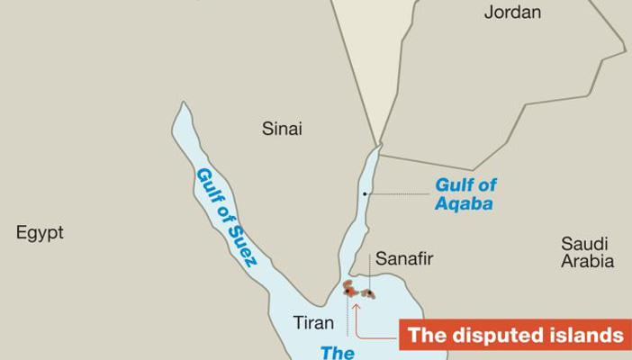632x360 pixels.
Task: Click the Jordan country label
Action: point(512,13)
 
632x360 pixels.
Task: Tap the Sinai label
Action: point(282,129)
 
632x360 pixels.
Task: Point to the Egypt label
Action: point(40,233)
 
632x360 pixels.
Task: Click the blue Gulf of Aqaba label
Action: point(465,193)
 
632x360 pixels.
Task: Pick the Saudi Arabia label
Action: point(587,252)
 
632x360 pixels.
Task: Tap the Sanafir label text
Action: point(404,259)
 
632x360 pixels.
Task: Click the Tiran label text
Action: point(313,322)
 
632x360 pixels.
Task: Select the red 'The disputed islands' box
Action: point(514,336)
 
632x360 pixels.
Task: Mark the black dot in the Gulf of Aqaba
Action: point(365,193)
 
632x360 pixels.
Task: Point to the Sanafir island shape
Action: point(368,294)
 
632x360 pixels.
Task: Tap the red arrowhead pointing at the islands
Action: point(357,306)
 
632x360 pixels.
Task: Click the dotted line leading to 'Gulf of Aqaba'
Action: point(396,193)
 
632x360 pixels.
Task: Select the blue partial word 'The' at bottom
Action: point(338,353)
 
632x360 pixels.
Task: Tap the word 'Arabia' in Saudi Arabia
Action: point(587,262)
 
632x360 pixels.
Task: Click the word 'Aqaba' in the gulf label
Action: point(465,203)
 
